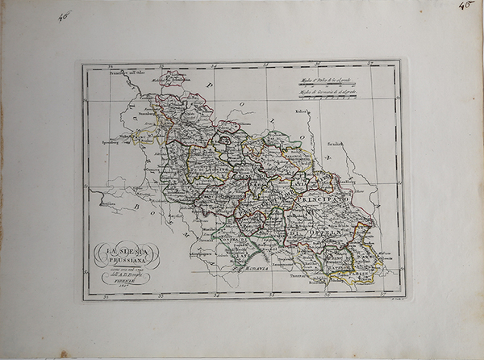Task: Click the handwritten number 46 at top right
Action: (x=465, y=6)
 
